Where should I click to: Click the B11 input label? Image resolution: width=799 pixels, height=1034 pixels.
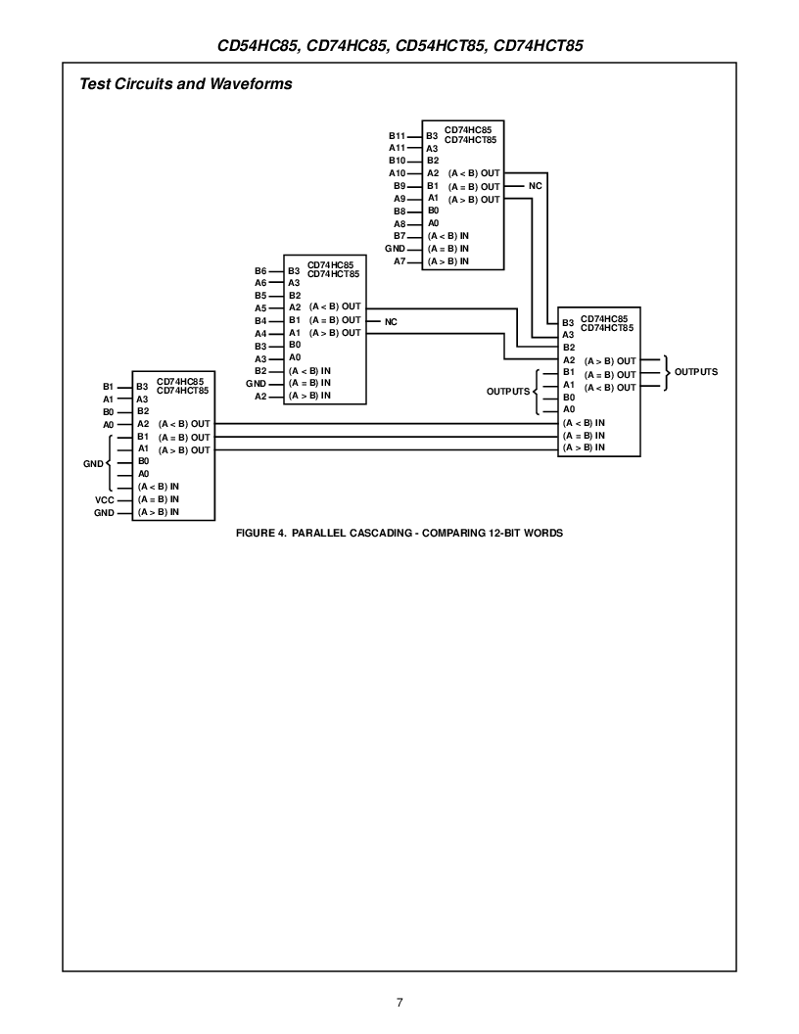(397, 135)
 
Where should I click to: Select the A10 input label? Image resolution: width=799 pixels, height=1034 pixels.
(397, 173)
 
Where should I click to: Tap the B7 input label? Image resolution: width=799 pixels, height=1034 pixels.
(399, 236)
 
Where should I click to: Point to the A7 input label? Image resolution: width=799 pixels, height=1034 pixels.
(399, 261)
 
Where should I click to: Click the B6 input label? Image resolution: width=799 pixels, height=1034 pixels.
(260, 270)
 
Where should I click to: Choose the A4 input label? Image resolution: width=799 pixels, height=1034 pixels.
(260, 334)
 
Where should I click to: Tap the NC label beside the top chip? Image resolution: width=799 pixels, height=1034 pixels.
(535, 186)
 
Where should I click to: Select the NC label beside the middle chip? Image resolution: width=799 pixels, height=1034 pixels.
(391, 321)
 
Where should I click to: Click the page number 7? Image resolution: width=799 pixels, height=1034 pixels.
(399, 1002)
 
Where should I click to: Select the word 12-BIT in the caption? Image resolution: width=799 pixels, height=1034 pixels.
(497, 534)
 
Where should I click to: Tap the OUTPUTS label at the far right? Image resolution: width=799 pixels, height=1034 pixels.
(696, 372)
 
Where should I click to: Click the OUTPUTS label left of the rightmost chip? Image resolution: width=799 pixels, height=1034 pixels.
(508, 391)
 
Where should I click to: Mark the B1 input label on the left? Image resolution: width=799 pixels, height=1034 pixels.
(109, 387)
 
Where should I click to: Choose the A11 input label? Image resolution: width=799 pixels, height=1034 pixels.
(397, 148)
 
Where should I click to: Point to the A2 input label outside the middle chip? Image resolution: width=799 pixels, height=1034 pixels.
(260, 397)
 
